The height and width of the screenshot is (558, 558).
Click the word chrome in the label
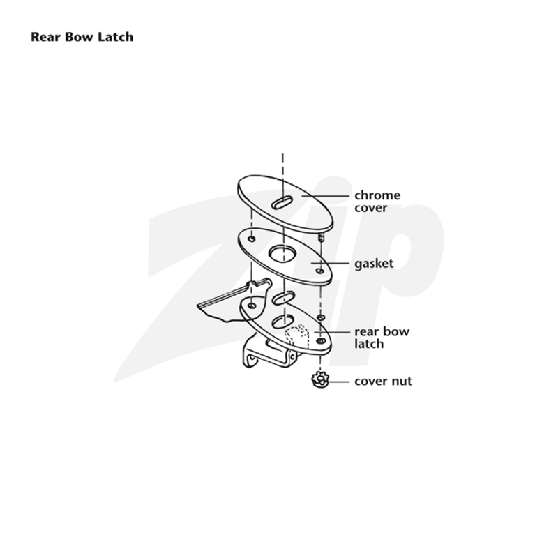pyautogui.click(x=377, y=195)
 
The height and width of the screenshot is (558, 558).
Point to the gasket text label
pyautogui.click(x=374, y=264)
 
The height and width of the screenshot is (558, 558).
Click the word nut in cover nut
pyautogui.click(x=402, y=382)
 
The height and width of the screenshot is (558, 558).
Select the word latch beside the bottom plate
pyautogui.click(x=369, y=344)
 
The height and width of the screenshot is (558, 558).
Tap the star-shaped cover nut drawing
pyautogui.click(x=320, y=379)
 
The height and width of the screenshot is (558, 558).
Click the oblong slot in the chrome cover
pyautogui.click(x=282, y=202)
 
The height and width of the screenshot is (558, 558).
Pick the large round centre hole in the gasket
pyautogui.click(x=282, y=254)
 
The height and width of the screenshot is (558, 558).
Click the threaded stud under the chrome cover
pyautogui.click(x=322, y=236)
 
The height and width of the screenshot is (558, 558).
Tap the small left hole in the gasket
pyautogui.click(x=252, y=239)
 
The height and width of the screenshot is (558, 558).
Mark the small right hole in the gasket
pyautogui.click(x=320, y=271)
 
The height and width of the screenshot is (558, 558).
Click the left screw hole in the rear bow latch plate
pyautogui.click(x=252, y=306)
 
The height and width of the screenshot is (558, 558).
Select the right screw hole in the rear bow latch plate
pyautogui.click(x=321, y=341)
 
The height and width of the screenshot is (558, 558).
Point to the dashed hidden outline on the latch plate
pyautogui.click(x=297, y=335)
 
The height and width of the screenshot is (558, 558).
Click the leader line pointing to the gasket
pyautogui.click(x=330, y=264)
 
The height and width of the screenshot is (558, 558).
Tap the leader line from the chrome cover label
pyautogui.click(x=325, y=196)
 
